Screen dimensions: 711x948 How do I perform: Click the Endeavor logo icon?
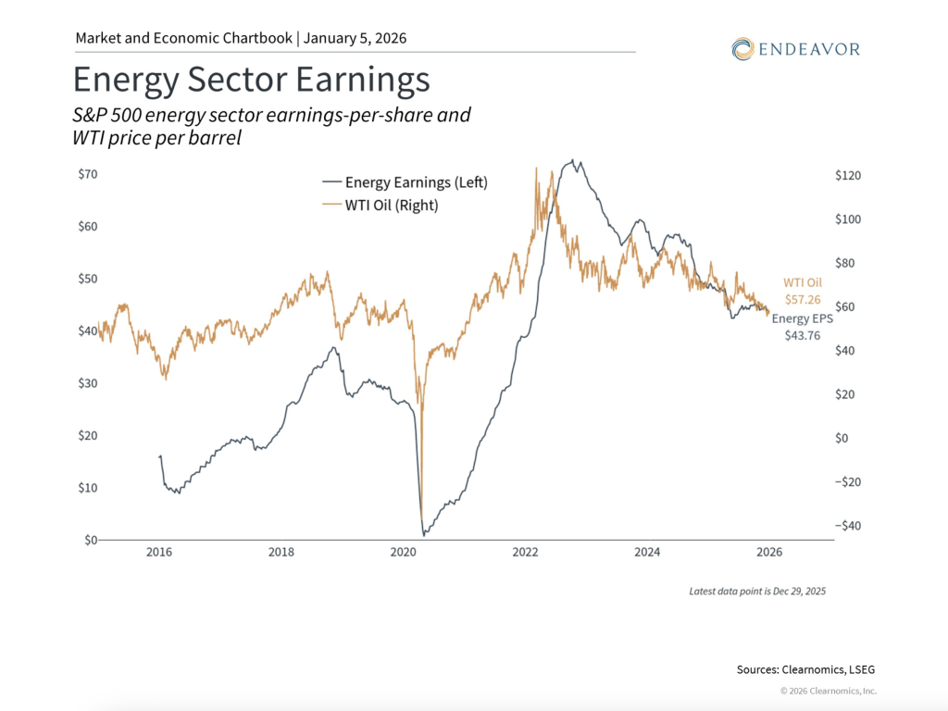(742, 48)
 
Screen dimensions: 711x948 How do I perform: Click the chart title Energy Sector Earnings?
(251, 81)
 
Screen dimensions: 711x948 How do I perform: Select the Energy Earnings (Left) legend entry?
(404, 183)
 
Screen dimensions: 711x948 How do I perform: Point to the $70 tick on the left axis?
(87, 174)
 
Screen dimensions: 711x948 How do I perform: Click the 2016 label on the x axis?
(159, 553)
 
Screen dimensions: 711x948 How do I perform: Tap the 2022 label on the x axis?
(526, 553)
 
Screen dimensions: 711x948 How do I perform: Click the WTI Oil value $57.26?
(802, 300)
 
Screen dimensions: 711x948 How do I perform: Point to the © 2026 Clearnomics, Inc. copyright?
(828, 691)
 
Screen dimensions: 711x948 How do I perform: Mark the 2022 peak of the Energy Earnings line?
(575, 160)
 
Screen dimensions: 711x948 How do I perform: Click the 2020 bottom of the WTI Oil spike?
(421, 521)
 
